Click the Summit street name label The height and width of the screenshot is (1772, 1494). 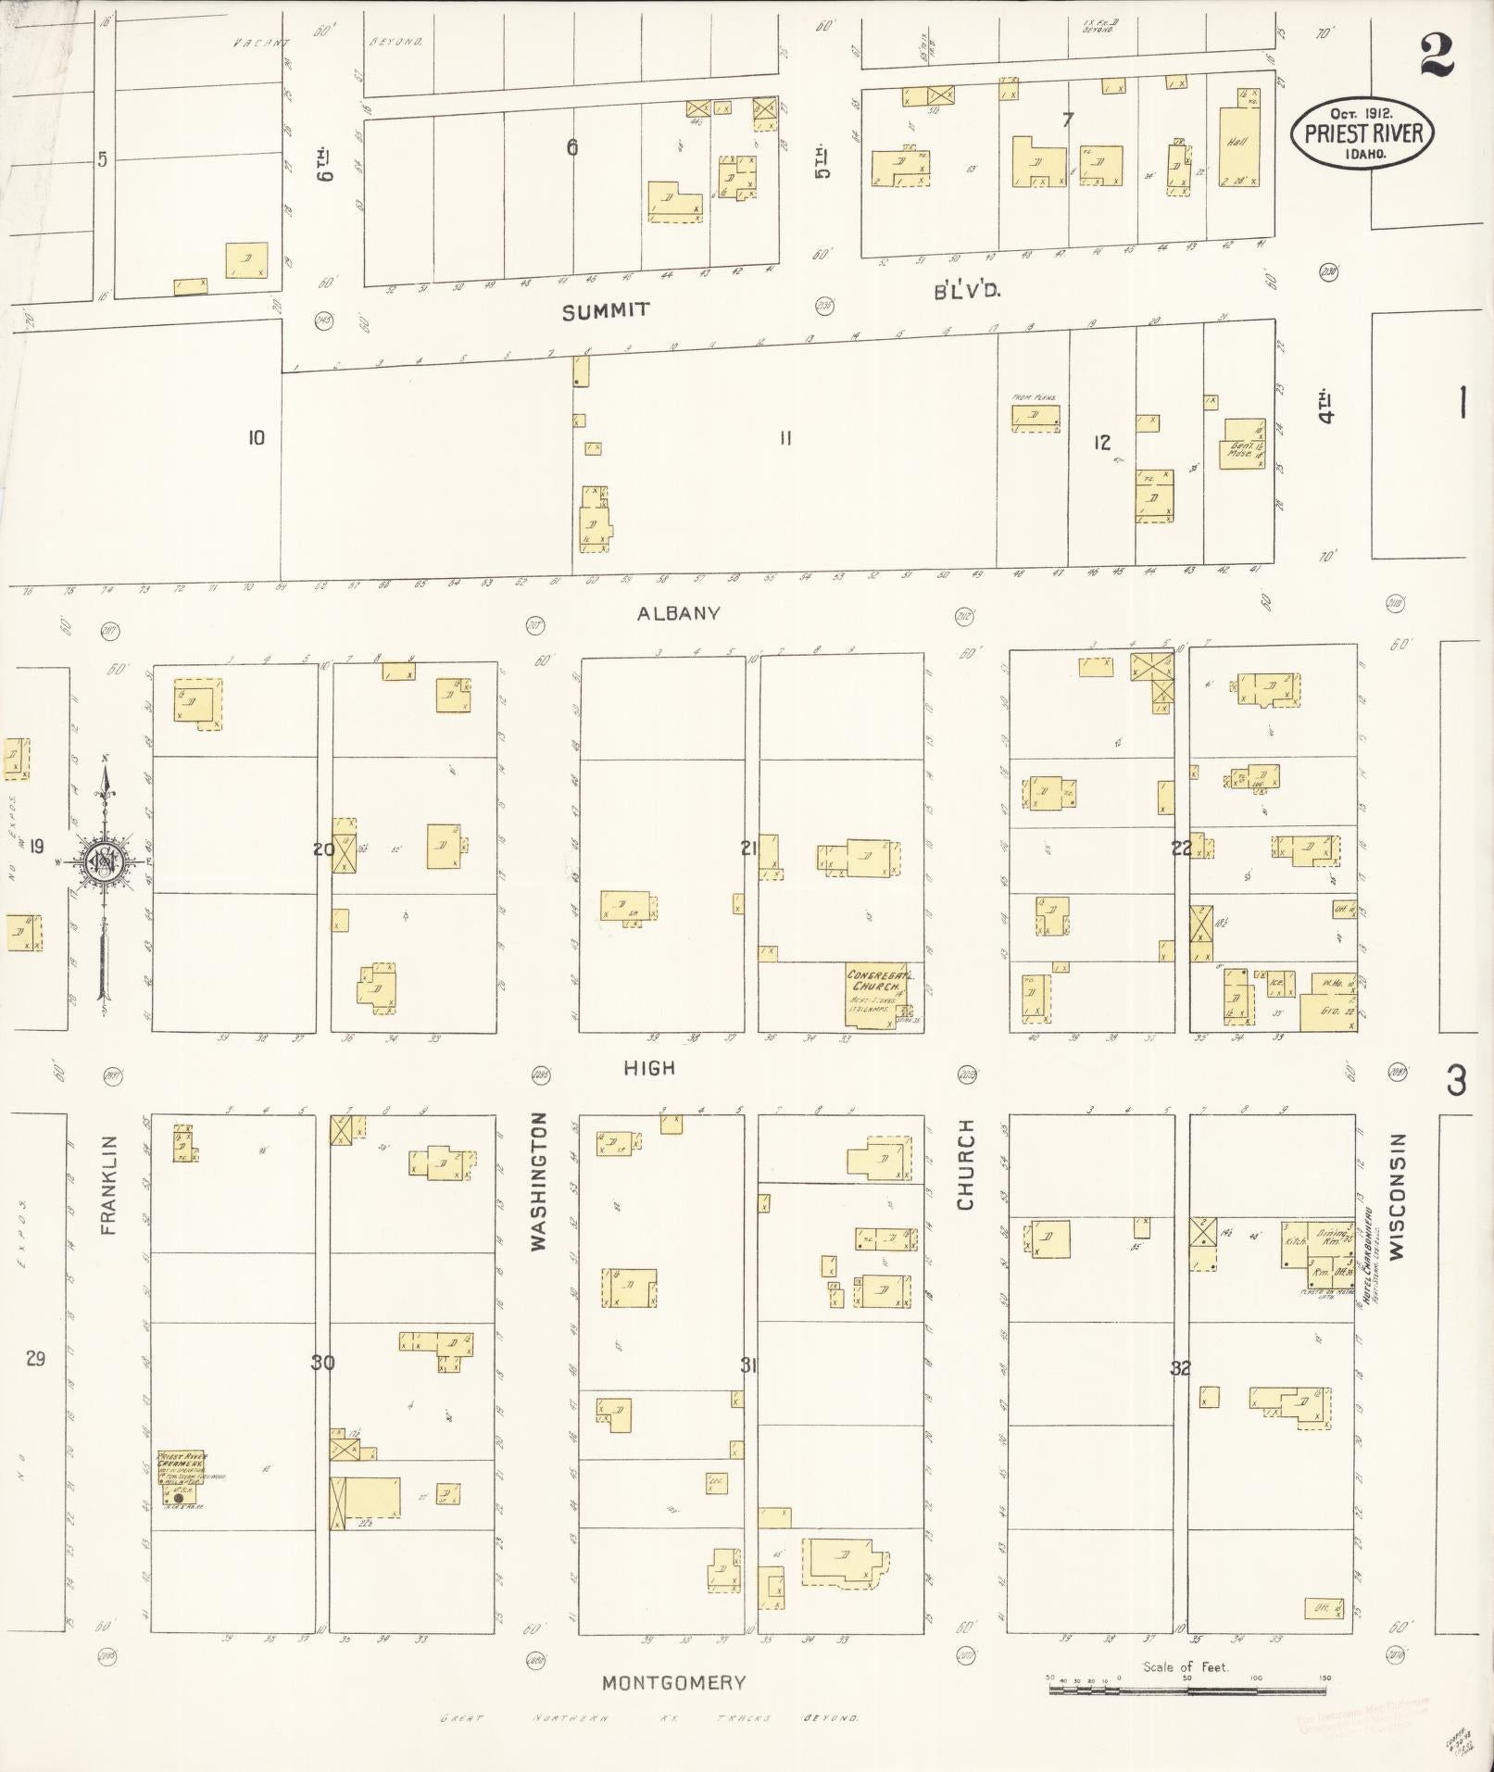pyautogui.click(x=606, y=311)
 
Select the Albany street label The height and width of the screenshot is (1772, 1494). pyautogui.click(x=678, y=613)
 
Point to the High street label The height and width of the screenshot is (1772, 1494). pyautogui.click(x=648, y=1068)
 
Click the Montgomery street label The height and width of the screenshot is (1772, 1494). pyautogui.click(x=673, y=1683)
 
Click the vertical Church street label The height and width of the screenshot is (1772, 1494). pyautogui.click(x=965, y=1163)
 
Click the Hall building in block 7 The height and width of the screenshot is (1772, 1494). pyautogui.click(x=1238, y=148)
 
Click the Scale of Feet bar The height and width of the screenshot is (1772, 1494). pyautogui.click(x=1186, y=1690)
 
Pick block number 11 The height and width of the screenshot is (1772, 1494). pyautogui.click(x=785, y=439)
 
